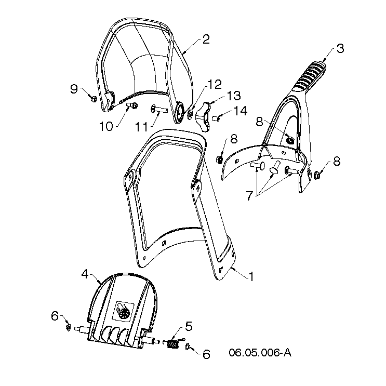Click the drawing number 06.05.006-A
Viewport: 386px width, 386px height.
pos(260,353)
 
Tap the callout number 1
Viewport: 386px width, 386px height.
pos(251,277)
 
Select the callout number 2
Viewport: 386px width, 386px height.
pos(206,39)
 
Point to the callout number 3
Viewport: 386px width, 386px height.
pos(340,48)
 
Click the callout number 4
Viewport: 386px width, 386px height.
pos(85,274)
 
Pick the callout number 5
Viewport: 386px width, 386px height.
pos(189,326)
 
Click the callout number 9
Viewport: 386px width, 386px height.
pos(74,89)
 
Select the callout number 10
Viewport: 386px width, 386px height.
pos(106,126)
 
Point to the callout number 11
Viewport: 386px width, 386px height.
pos(141,127)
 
